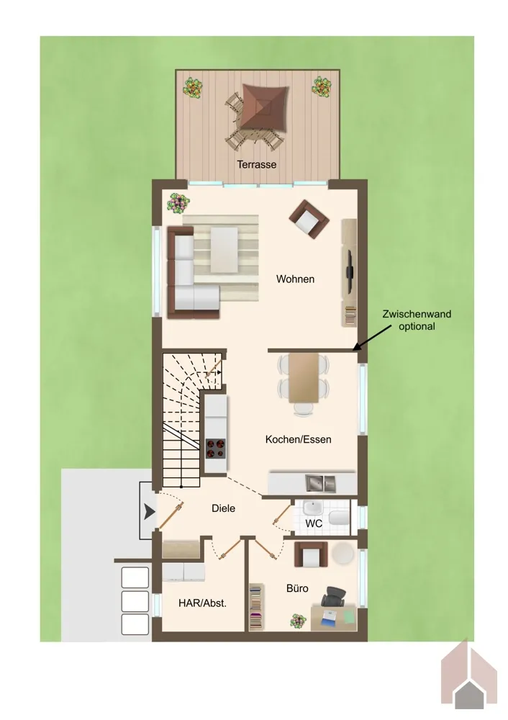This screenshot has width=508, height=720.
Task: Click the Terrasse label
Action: click(257, 164)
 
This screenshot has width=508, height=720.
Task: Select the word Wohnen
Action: click(295, 279)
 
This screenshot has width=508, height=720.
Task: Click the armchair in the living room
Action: click(309, 220)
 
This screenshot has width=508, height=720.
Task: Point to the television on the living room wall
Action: click(349, 272)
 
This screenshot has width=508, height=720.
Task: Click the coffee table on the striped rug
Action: click(224, 250)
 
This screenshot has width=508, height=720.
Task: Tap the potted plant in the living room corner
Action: click(178, 202)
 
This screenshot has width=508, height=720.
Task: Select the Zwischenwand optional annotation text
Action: click(417, 320)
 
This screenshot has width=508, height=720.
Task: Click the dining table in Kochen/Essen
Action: click(304, 377)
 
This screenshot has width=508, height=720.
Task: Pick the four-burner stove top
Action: click(216, 449)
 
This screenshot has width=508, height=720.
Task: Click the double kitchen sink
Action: click(321, 482)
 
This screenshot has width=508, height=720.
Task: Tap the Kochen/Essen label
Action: click(299, 439)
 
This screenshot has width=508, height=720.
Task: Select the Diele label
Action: click(224, 508)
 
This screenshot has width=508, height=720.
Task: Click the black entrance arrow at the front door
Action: click(149, 511)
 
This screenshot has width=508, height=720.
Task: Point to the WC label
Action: click(314, 523)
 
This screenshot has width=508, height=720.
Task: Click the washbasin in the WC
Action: click(313, 508)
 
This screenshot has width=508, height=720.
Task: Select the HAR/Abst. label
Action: click(202, 603)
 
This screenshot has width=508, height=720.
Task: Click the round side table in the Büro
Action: click(343, 553)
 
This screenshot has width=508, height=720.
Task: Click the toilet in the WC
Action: click(340, 517)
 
